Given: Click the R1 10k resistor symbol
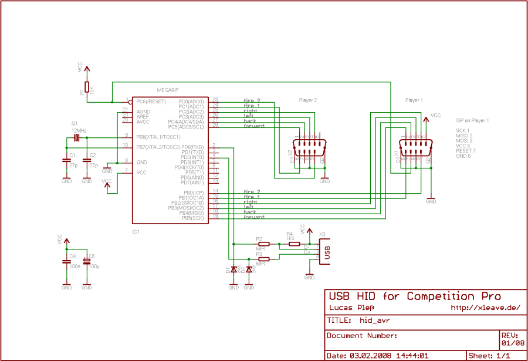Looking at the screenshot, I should [x=87, y=87].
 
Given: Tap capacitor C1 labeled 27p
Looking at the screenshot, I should [x=66, y=160].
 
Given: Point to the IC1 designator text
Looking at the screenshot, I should [x=136, y=232].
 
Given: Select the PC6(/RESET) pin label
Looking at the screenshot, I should [x=152, y=101].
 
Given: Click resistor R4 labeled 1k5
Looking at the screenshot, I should [x=294, y=244].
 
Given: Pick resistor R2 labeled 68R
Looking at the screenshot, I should [x=264, y=244].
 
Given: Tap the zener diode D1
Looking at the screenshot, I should [x=233, y=269].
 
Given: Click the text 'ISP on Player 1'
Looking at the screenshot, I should [x=472, y=120].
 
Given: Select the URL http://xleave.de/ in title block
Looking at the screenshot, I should [x=485, y=308].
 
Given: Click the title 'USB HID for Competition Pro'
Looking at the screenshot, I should [x=414, y=296].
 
